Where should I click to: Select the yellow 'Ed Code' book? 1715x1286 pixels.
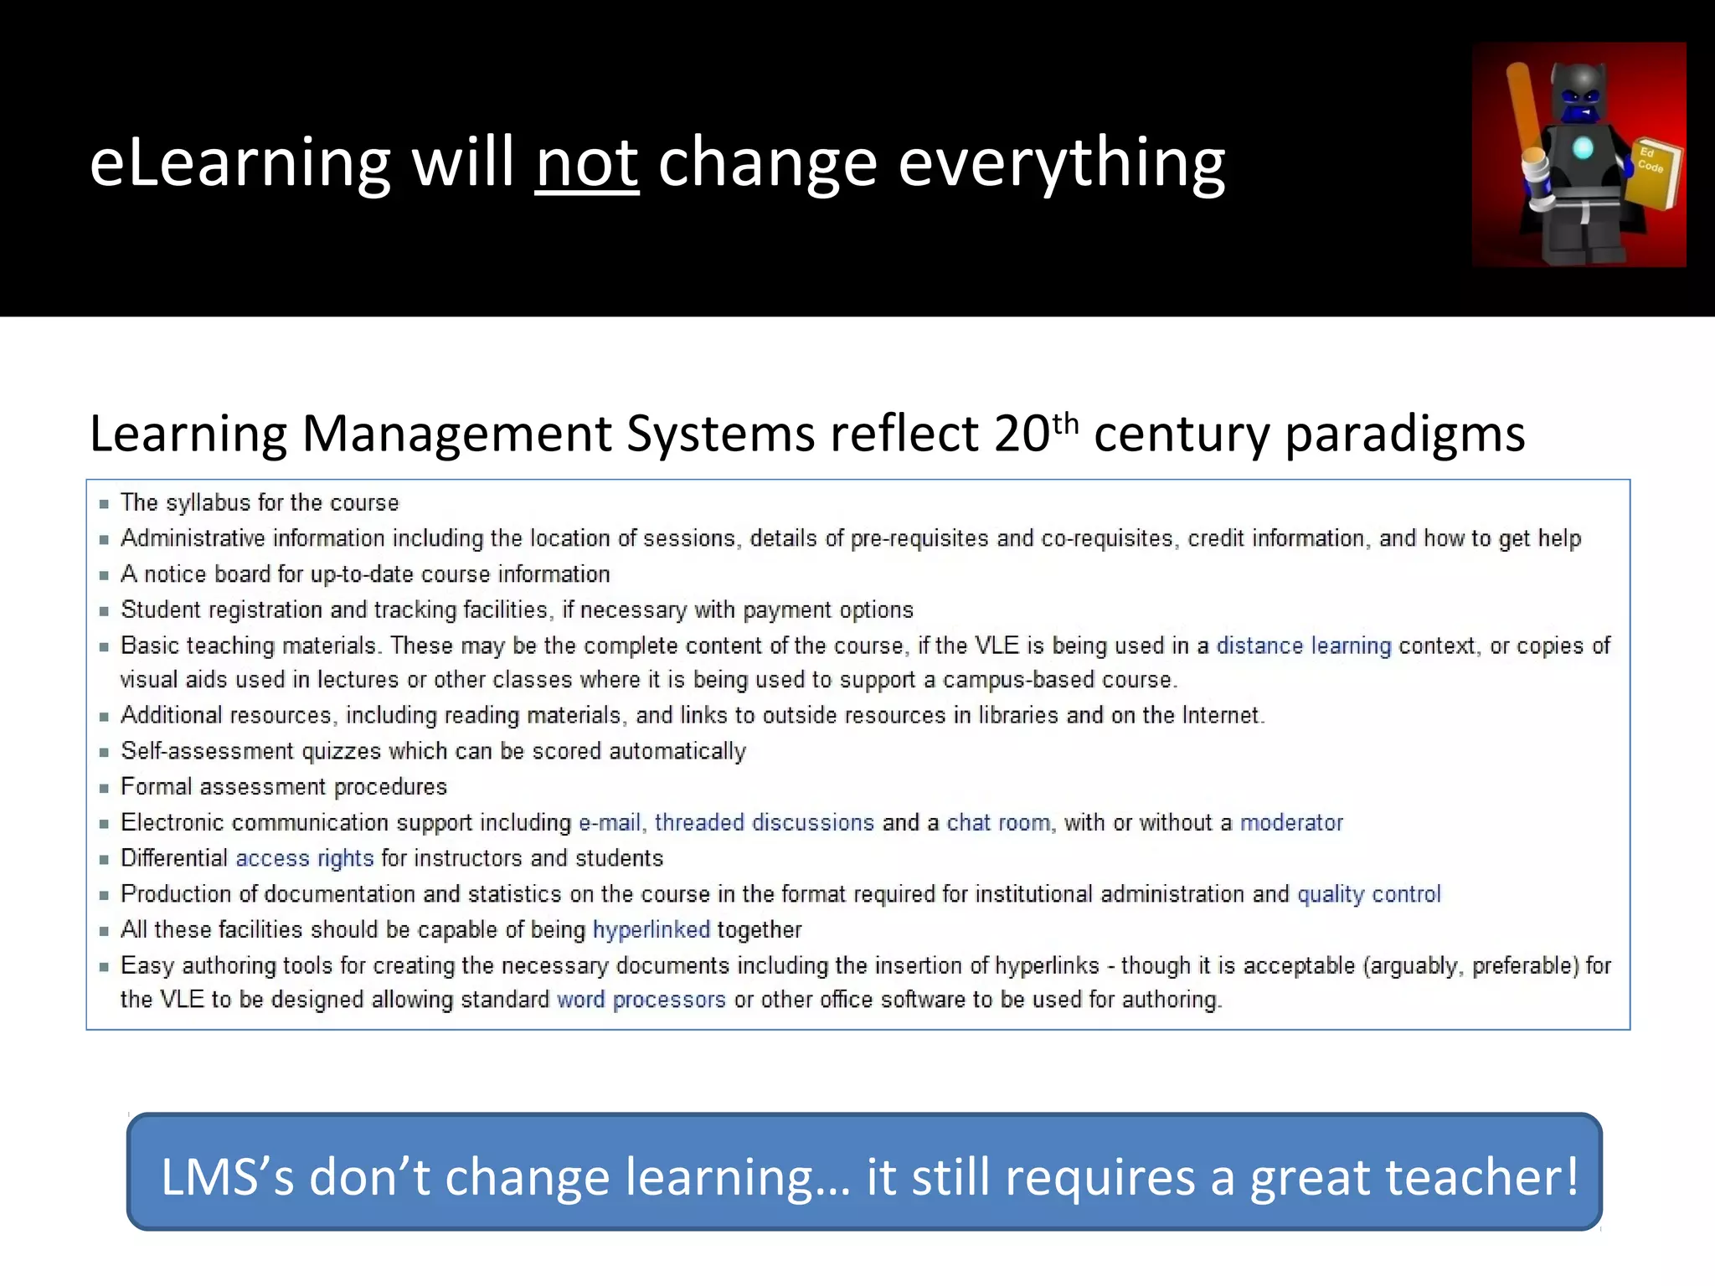click(x=1654, y=172)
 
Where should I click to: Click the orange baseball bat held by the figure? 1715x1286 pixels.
click(x=1526, y=117)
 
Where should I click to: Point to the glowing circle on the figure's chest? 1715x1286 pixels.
click(x=1582, y=149)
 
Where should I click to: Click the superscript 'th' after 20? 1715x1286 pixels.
click(x=1064, y=423)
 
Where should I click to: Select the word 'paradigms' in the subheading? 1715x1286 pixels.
click(x=1404, y=435)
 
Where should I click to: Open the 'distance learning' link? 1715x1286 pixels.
click(x=1303, y=646)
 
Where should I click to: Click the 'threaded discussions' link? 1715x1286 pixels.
click(x=764, y=822)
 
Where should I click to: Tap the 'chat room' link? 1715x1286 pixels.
click(x=997, y=822)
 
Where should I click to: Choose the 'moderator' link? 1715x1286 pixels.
click(x=1290, y=822)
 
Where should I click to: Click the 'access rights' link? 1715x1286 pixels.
click(x=304, y=858)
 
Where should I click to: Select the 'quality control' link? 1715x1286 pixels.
click(x=1368, y=894)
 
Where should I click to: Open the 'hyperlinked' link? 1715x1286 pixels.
click(x=651, y=929)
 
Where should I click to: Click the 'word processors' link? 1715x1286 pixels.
click(x=641, y=1000)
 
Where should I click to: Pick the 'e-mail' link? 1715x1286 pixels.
click(x=610, y=822)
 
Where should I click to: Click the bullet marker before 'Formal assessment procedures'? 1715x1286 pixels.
click(x=104, y=788)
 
